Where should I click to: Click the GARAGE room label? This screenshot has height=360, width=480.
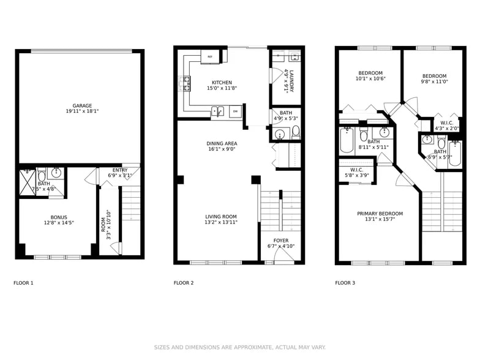(82, 105)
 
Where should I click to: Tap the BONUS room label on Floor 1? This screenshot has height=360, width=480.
(59, 217)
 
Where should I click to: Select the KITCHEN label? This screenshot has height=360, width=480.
(222, 83)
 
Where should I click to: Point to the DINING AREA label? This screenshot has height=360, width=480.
(222, 143)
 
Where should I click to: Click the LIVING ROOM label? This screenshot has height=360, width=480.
(220, 217)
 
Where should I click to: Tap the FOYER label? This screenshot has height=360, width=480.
(281, 241)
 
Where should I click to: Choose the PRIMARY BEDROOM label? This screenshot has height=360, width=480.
(380, 214)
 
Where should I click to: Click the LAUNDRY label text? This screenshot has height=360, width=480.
(292, 80)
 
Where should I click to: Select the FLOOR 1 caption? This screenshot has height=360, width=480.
(23, 283)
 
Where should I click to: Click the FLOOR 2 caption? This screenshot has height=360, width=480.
(184, 283)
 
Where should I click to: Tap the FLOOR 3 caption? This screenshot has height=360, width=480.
(345, 283)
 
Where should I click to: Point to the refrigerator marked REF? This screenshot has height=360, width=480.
(210, 56)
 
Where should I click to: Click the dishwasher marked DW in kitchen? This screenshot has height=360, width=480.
(235, 111)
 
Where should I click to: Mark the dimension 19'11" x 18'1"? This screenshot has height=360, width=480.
(82, 111)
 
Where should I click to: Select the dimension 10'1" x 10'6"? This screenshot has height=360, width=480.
(370, 79)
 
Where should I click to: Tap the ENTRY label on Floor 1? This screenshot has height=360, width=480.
(120, 170)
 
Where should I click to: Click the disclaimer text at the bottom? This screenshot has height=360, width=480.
(239, 347)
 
